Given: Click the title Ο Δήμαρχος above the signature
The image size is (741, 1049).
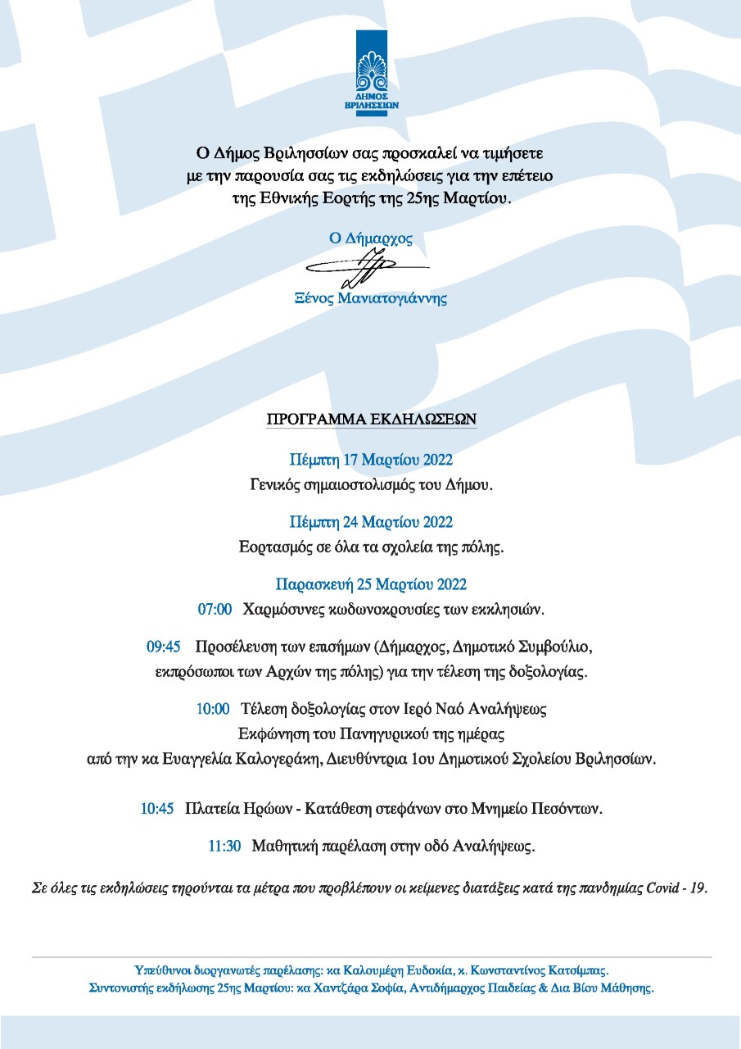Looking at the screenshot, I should pos(370,238).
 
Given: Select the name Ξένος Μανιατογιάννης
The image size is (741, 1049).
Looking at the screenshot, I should pos(371,298).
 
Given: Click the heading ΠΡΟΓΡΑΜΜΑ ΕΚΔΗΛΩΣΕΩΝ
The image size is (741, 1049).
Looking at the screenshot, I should pos(371,419).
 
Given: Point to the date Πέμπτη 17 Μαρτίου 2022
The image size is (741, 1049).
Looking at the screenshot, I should pos(371,459).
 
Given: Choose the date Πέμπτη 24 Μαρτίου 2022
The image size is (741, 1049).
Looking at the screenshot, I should pos(371,522).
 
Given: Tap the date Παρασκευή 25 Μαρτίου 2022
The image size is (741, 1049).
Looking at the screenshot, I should pos(371,584).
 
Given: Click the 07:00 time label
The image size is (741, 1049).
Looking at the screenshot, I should pos(215,610).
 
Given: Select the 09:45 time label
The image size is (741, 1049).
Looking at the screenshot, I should pos(164,647).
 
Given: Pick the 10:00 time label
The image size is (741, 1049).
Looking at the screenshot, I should pos(213,709).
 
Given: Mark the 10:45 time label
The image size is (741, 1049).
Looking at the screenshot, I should pos(157,809).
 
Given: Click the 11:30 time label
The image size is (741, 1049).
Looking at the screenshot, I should pos(224,847).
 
